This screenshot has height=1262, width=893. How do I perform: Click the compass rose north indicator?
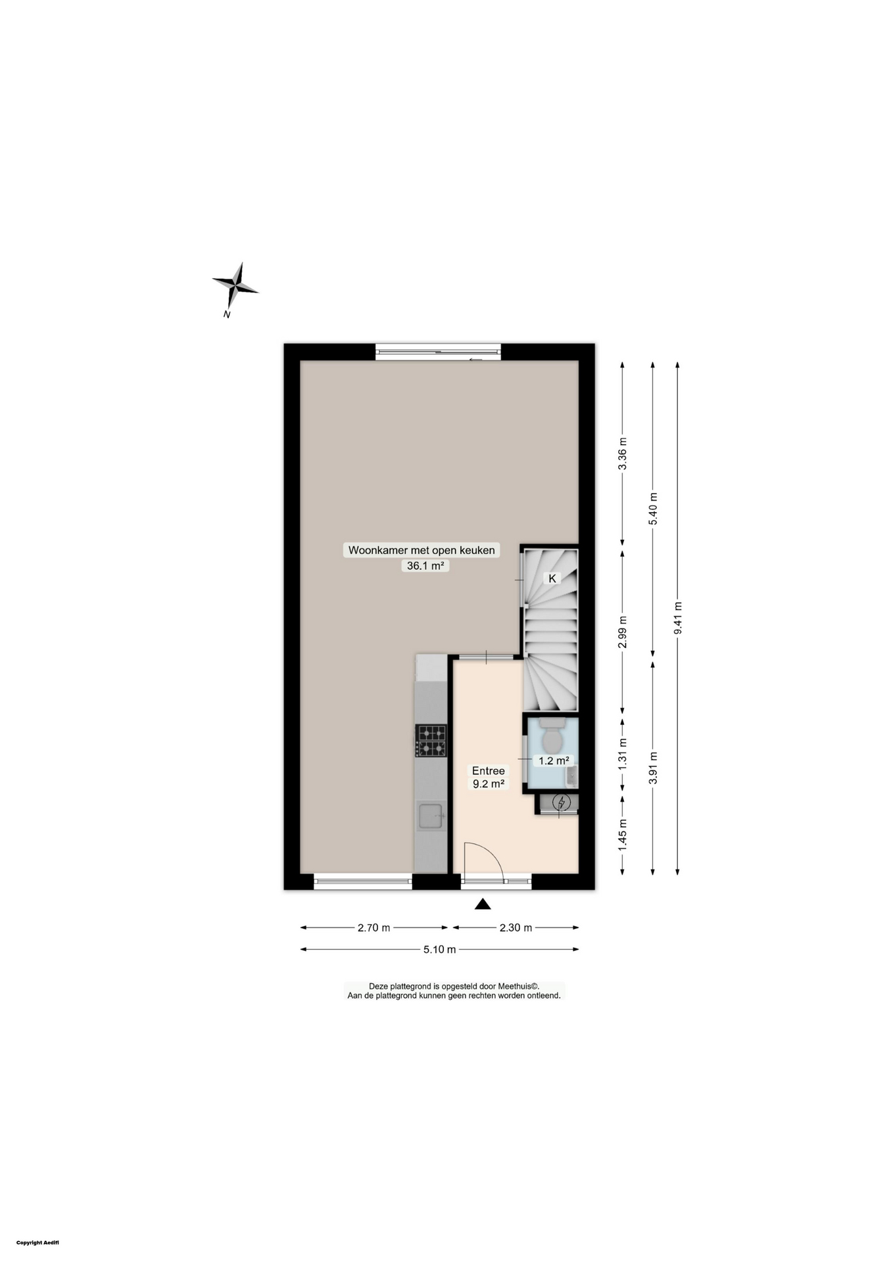pyautogui.click(x=235, y=287)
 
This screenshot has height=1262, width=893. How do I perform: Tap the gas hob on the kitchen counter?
pyautogui.click(x=430, y=740)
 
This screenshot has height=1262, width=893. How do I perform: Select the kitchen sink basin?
pyautogui.click(x=430, y=816)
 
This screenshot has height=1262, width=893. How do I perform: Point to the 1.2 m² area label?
pyautogui.click(x=553, y=760)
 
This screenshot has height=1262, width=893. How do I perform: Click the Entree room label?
pyautogui.click(x=488, y=770)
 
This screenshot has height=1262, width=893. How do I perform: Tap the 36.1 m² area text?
pyautogui.click(x=425, y=565)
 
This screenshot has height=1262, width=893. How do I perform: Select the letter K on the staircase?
pyautogui.click(x=552, y=578)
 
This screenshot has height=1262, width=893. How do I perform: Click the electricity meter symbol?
pyautogui.click(x=561, y=802)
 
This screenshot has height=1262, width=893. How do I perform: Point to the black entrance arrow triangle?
pyautogui.click(x=483, y=905)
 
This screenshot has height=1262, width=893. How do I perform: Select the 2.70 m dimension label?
pyautogui.click(x=374, y=927)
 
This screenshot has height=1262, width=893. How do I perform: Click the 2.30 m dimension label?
pyautogui.click(x=516, y=927)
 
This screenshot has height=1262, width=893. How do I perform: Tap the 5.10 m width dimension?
pyautogui.click(x=439, y=949)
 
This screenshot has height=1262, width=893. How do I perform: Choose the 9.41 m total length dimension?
pyautogui.click(x=678, y=618)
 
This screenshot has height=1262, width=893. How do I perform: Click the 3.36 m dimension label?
pyautogui.click(x=623, y=453)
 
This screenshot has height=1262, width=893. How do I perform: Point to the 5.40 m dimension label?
pyautogui.click(x=653, y=508)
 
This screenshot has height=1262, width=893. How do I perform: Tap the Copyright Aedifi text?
pyautogui.click(x=38, y=1242)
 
